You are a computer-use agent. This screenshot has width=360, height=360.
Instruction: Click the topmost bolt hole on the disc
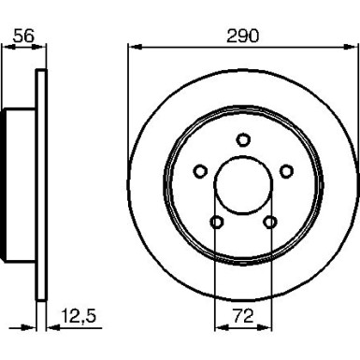(x=243, y=140)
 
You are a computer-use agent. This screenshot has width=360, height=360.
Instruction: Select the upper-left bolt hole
(x=199, y=170)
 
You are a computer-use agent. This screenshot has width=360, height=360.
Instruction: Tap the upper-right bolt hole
(x=287, y=170)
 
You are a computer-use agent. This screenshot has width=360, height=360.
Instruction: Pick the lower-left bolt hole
(x=216, y=222)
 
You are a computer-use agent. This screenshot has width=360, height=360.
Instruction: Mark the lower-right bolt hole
(x=270, y=222)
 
